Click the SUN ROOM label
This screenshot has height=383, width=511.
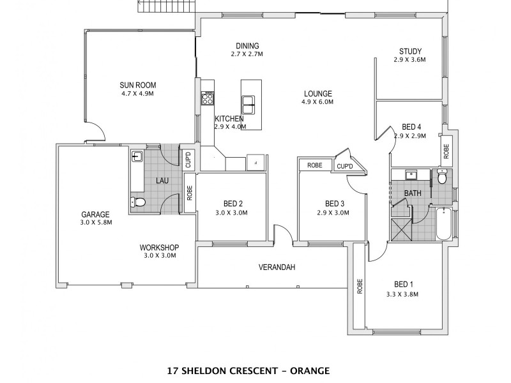137,85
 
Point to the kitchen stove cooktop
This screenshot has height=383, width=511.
207,98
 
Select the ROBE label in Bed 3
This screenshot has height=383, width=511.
315,165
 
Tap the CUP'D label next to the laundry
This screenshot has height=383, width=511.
188,159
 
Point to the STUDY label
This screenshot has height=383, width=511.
409,52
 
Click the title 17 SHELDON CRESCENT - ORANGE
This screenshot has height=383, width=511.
246,370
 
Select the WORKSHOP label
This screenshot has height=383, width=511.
159,248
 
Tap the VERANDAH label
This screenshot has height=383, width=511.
276,267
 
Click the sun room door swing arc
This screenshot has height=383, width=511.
96,132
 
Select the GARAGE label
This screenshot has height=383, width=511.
95,214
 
